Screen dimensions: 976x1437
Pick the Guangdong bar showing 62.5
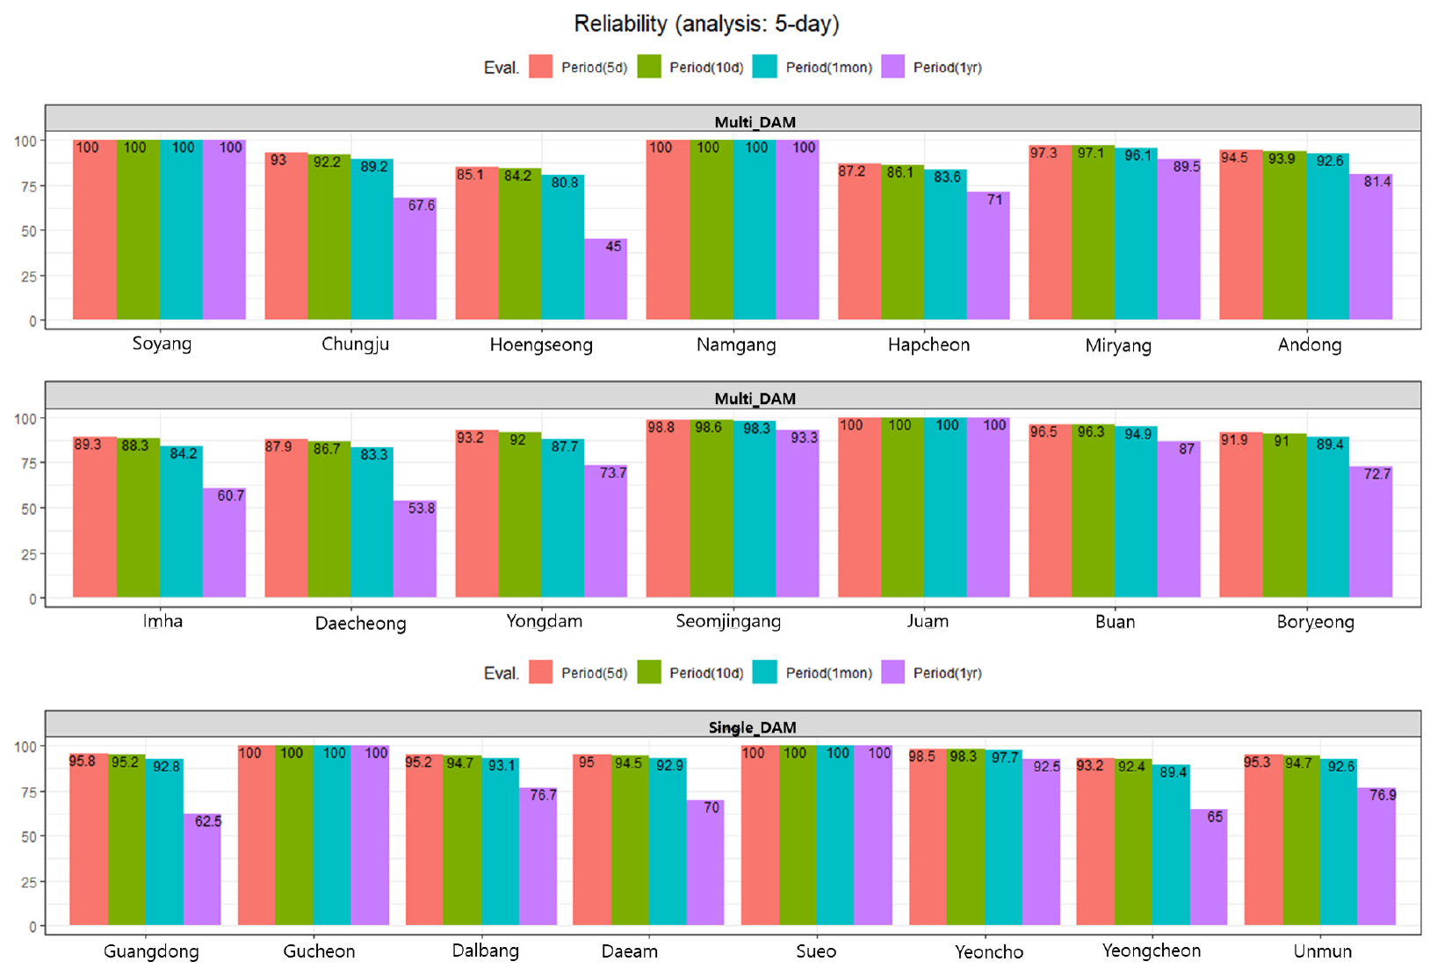click(202, 869)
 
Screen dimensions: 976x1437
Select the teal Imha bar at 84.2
click(181, 522)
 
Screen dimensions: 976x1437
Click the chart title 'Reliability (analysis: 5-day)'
click(706, 24)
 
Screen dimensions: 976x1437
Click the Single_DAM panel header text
click(753, 727)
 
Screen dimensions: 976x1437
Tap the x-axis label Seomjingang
click(728, 621)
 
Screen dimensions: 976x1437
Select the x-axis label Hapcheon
click(928, 344)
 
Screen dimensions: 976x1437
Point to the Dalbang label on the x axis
click(485, 951)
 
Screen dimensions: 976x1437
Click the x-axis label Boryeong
click(1315, 622)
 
